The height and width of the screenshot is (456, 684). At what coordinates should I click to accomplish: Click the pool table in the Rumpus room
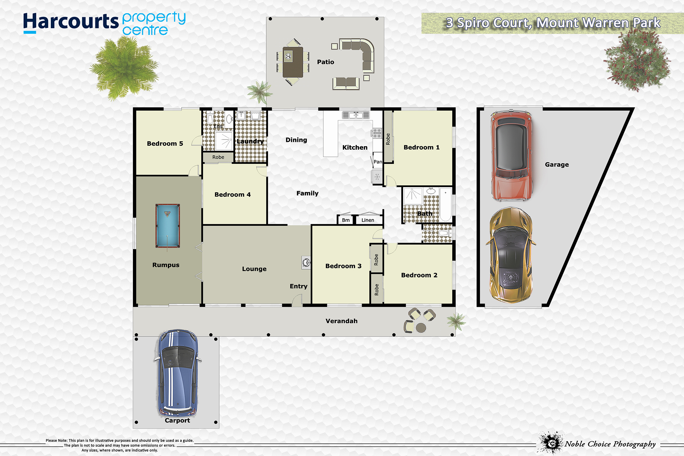coord(167,226)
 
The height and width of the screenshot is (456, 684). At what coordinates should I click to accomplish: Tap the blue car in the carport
coord(178,373)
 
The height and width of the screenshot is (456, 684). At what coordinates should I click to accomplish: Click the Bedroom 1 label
coord(421,147)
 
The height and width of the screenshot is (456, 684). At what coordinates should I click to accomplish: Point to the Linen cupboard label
coord(368,220)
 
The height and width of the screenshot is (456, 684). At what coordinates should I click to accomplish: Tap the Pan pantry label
coord(378,162)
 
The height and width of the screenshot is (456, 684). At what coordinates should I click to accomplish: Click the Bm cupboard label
coord(346,220)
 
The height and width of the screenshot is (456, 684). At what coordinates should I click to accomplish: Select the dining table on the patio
coord(293,62)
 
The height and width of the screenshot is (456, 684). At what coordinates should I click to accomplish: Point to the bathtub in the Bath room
coord(445,205)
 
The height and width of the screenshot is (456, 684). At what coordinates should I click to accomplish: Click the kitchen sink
coord(356,115)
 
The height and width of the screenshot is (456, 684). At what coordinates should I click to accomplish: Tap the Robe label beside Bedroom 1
coord(388,139)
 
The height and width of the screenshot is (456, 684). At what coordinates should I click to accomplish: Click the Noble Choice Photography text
coord(610,444)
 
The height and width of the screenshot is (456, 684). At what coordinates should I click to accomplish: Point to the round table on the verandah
coord(421,328)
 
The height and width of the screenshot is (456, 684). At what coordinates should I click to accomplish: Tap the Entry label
coord(299,286)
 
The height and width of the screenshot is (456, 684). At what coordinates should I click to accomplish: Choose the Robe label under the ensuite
coord(218,157)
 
